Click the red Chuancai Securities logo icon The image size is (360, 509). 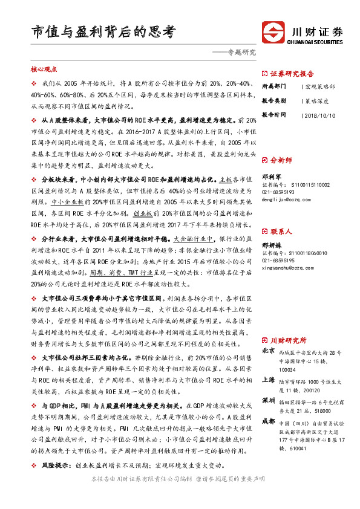click(271, 31)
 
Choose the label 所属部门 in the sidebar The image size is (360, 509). click(273, 86)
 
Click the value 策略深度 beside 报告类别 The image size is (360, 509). click(320, 100)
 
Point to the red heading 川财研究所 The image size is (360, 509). click(288, 340)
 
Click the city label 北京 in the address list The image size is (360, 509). click(269, 351)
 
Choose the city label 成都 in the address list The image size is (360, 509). click(269, 421)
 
